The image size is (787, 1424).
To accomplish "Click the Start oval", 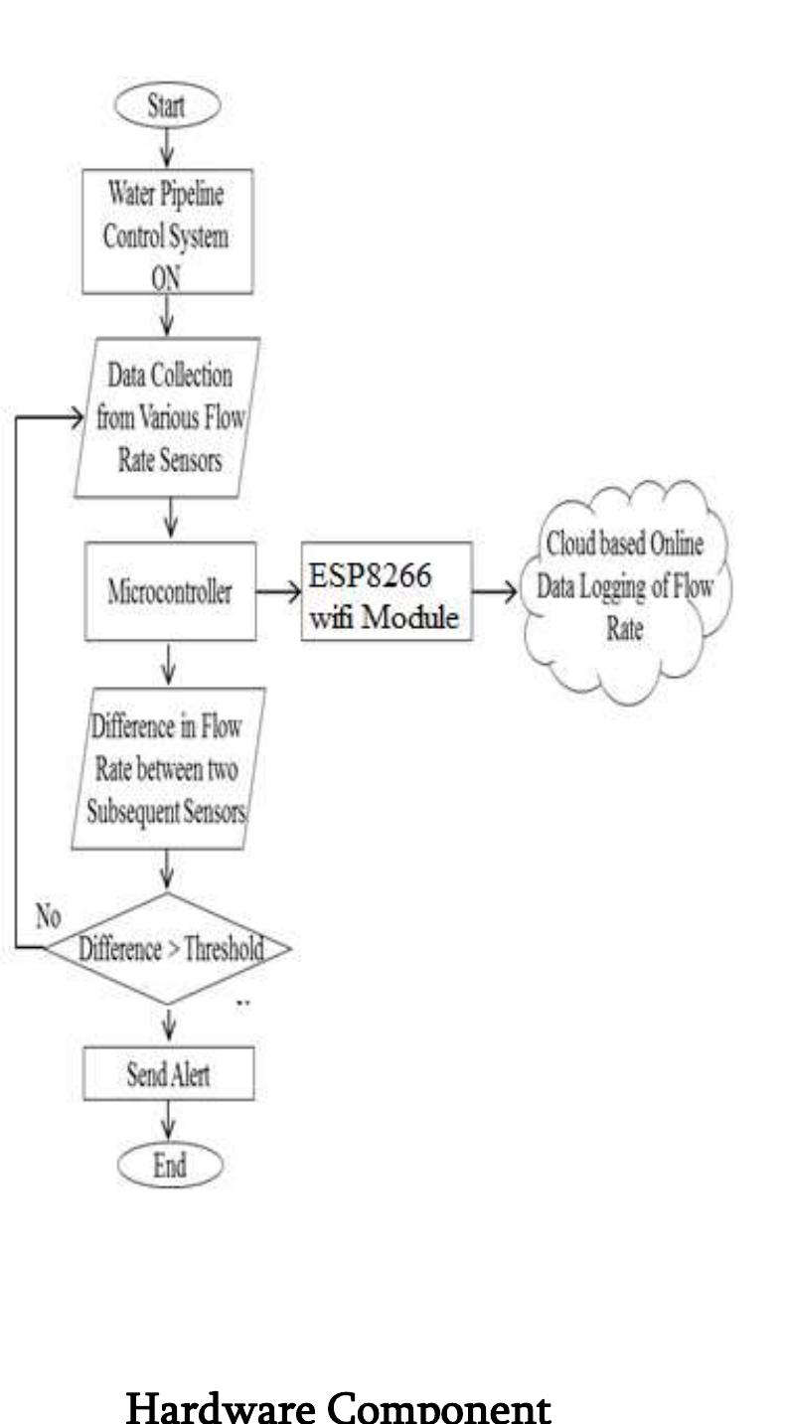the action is pyautogui.click(x=168, y=105).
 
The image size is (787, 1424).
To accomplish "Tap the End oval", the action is pyautogui.click(x=170, y=1166).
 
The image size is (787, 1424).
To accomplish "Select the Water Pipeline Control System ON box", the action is pyautogui.click(x=168, y=232).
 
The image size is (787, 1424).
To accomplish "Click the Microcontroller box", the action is pyautogui.click(x=170, y=591).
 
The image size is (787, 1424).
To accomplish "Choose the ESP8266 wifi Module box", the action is pyautogui.click(x=387, y=591).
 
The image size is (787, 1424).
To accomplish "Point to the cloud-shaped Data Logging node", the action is pyautogui.click(x=626, y=591).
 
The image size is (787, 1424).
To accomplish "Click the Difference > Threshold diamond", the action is pyautogui.click(x=169, y=948).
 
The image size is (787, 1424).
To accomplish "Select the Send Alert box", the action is pyautogui.click(x=169, y=1074).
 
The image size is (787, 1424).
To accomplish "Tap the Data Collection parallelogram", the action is pyautogui.click(x=167, y=417).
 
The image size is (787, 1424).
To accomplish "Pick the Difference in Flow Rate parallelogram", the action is pyautogui.click(x=169, y=768).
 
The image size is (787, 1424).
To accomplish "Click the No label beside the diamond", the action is pyautogui.click(x=49, y=916).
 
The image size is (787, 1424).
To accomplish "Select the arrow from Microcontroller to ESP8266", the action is pyautogui.click(x=278, y=592).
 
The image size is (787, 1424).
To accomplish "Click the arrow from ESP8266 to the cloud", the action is pyautogui.click(x=495, y=592).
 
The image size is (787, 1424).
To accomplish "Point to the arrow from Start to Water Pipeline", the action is pyautogui.click(x=167, y=148).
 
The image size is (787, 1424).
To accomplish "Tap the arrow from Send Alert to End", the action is pyautogui.click(x=169, y=1121).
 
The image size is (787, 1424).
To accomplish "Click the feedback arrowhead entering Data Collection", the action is pyautogui.click(x=77, y=417).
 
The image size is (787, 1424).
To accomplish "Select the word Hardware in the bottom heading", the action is pyautogui.click(x=221, y=1407).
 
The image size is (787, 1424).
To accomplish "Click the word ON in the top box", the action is pyautogui.click(x=166, y=278).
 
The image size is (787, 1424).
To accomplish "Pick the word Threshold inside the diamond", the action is pyautogui.click(x=225, y=949).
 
